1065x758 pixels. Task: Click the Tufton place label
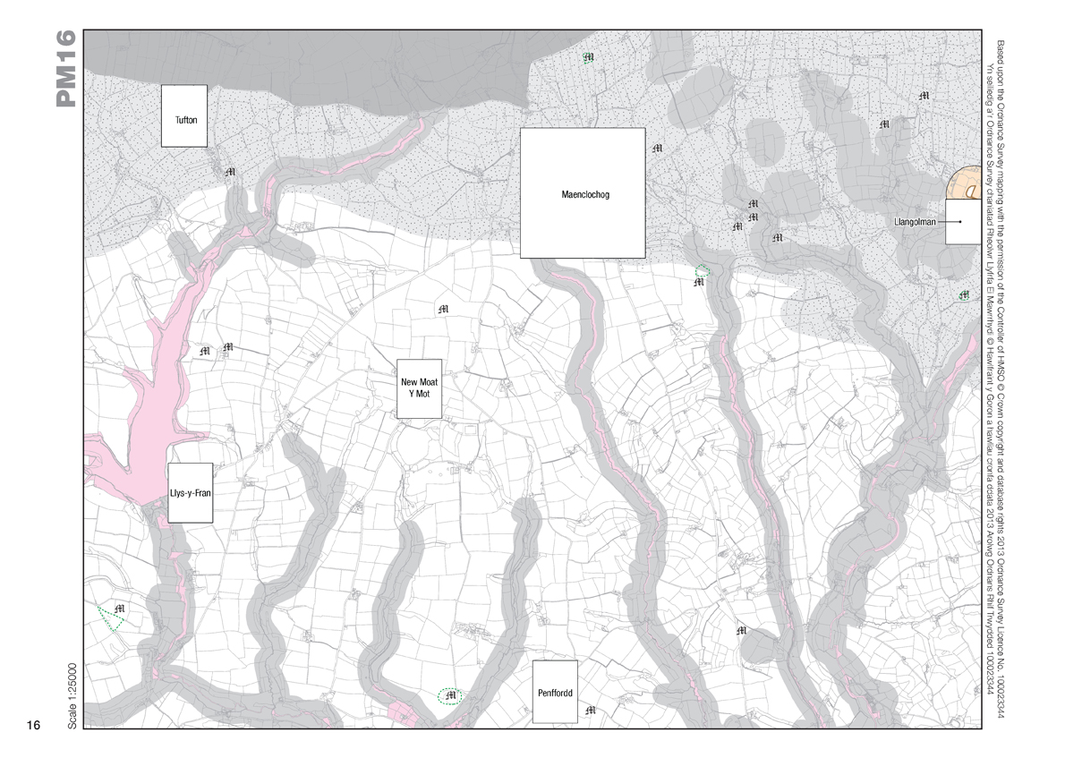pyautogui.click(x=184, y=120)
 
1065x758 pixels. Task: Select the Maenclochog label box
pyautogui.click(x=583, y=194)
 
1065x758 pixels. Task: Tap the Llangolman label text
pyautogui.click(x=914, y=221)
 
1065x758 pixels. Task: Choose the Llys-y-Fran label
pyautogui.click(x=189, y=493)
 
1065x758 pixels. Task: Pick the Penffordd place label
pyautogui.click(x=555, y=693)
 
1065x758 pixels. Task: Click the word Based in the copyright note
pyautogui.click(x=1000, y=49)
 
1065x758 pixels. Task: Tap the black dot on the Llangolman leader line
pyautogui.click(x=959, y=221)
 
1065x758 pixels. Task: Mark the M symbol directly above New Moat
pyautogui.click(x=442, y=310)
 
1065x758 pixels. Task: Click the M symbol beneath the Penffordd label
pyautogui.click(x=590, y=711)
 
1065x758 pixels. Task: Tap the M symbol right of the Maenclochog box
pyautogui.click(x=658, y=148)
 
